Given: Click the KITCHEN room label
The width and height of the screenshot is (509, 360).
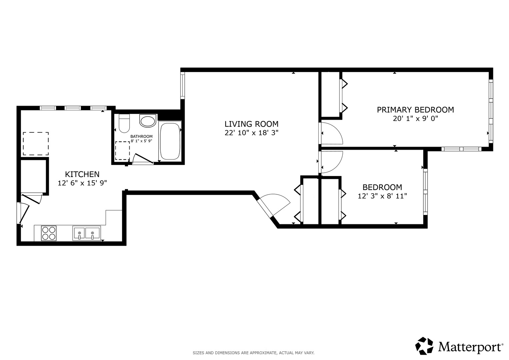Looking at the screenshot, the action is pyautogui.click(x=82, y=174).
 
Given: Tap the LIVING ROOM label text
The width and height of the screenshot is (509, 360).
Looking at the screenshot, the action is pyautogui.click(x=252, y=124).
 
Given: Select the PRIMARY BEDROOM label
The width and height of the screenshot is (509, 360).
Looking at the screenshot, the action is pyautogui.click(x=416, y=110).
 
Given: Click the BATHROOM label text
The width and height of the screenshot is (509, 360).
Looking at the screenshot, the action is pyautogui.click(x=141, y=136).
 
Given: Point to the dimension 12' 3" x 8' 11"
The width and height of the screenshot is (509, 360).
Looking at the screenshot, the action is pyautogui.click(x=382, y=196).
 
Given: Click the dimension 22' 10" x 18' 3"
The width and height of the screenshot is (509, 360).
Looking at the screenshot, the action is pyautogui.click(x=252, y=133).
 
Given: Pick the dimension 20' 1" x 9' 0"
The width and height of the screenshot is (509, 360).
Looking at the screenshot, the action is pyautogui.click(x=416, y=118).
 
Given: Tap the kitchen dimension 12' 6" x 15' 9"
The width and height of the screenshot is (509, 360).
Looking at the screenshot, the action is pyautogui.click(x=82, y=183).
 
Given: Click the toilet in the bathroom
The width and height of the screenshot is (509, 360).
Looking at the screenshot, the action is pyautogui.click(x=124, y=123).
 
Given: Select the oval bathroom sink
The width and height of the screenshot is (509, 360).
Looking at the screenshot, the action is pyautogui.click(x=148, y=121).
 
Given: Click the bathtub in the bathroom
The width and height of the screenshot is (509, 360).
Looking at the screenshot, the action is pyautogui.click(x=170, y=141).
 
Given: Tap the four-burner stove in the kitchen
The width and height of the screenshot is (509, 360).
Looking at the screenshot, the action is pyautogui.click(x=49, y=233).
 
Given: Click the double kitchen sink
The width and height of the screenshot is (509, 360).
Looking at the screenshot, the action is pyautogui.click(x=86, y=233).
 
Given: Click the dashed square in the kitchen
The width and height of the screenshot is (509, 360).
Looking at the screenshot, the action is pyautogui.click(x=36, y=144).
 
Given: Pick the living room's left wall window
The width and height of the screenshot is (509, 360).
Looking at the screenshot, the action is pyautogui.click(x=182, y=86).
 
